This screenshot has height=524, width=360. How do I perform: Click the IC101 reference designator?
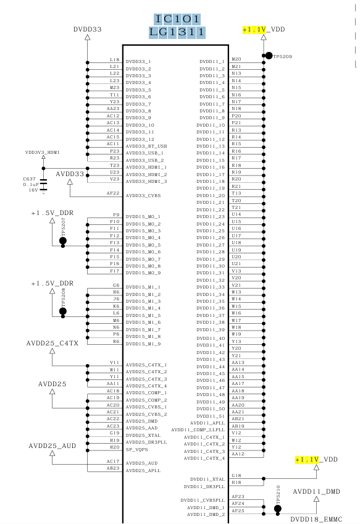(177, 19)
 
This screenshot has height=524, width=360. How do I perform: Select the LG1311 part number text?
(177, 32)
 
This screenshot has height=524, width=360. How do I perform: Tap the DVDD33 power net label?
(88, 30)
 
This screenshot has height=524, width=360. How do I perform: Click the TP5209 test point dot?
(269, 56)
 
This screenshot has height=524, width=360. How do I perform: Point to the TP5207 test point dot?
(63, 240)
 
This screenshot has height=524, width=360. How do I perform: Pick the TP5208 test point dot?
(63, 311)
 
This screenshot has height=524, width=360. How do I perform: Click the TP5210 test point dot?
(277, 509)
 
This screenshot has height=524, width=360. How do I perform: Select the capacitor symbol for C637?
(43, 185)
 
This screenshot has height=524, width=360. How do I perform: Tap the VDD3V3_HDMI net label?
(43, 153)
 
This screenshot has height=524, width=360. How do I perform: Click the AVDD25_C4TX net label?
(52, 343)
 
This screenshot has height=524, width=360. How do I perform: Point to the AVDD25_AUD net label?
(52, 446)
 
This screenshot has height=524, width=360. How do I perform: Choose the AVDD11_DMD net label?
(317, 492)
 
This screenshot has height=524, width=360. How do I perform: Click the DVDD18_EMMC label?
(316, 519)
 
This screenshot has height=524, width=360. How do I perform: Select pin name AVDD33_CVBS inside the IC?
(143, 196)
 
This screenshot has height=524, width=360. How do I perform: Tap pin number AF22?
(113, 193)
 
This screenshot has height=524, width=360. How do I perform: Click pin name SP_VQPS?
(136, 449)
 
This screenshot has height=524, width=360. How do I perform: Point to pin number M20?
(237, 59)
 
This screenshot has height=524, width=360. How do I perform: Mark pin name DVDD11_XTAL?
(207, 480)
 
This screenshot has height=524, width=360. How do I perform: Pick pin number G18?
(237, 476)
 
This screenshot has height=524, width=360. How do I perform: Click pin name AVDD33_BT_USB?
(146, 146)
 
